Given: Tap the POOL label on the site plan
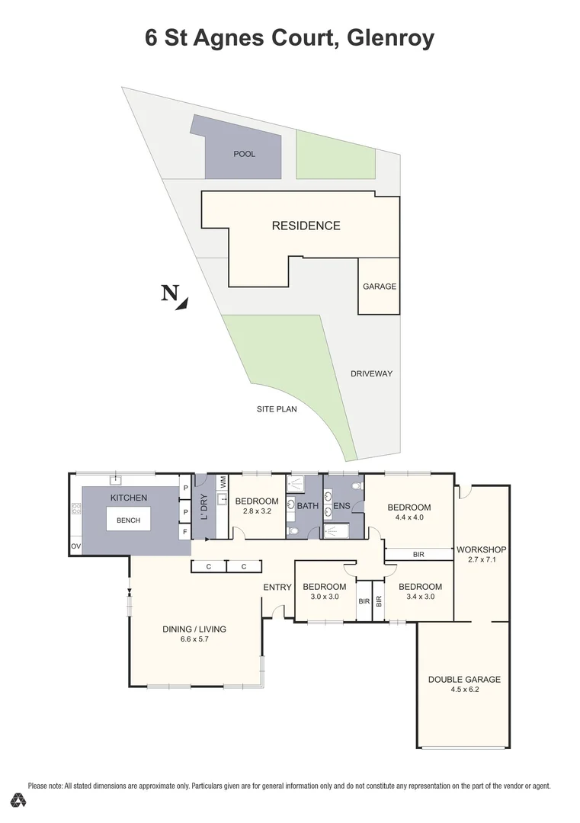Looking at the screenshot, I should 245,154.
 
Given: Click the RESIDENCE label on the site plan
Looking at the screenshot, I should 306,226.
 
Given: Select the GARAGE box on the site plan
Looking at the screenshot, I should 379,287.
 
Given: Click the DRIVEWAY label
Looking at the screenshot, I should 371,373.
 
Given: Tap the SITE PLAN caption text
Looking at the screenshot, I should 277,408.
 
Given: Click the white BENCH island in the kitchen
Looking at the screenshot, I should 128,520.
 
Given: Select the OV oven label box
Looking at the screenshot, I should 75,546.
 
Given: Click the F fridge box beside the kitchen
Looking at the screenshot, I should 184,531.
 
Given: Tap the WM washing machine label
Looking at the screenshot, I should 223,482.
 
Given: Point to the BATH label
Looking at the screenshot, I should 307,505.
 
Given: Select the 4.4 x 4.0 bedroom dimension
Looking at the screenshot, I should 409,517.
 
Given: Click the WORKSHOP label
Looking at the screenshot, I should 481,549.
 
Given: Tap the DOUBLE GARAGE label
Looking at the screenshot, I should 464,679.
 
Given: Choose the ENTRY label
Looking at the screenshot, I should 277,587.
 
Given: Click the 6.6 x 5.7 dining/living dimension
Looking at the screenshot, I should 194,639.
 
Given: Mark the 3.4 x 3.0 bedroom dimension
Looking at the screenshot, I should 420,597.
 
